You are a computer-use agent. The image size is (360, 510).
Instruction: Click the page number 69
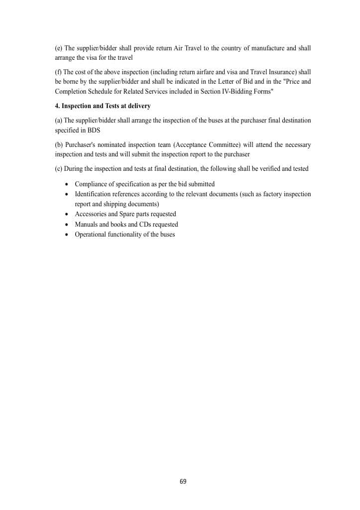183,481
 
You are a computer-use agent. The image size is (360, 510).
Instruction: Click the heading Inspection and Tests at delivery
106,106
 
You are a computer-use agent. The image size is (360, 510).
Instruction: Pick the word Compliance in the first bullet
92,184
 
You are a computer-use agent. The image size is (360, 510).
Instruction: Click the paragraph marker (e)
59,48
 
